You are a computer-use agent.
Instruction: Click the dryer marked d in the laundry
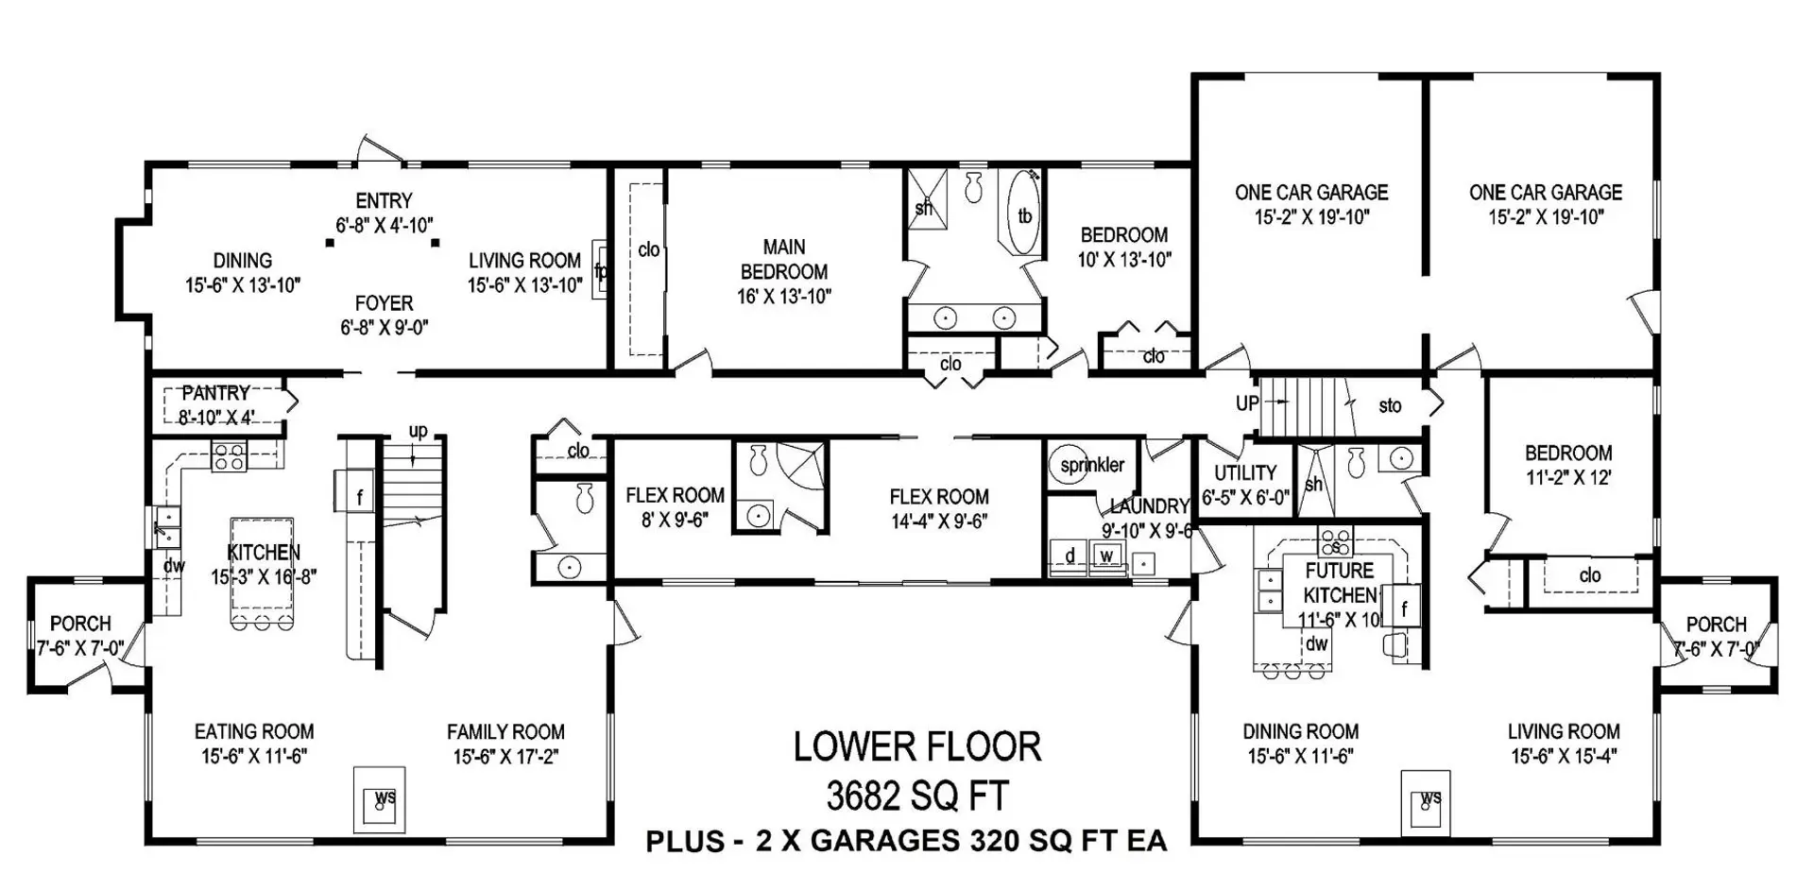[x=1070, y=556]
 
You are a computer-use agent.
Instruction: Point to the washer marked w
[x=1105, y=556]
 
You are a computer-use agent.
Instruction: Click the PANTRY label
[x=215, y=394]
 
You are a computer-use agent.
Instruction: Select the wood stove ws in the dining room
[x=1428, y=801]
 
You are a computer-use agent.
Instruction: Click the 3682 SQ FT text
[x=916, y=796]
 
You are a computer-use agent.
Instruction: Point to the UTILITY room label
[x=1245, y=473]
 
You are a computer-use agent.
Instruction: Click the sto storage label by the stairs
[x=1390, y=406]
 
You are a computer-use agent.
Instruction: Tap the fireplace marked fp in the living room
[x=600, y=270]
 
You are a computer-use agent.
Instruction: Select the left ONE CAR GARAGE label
[x=1311, y=193]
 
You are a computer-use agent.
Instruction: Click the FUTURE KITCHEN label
[x=1340, y=583]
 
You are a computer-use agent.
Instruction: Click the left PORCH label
[x=80, y=625]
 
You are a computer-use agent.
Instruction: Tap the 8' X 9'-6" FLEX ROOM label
[x=675, y=507]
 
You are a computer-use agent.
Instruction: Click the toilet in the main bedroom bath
[x=974, y=187]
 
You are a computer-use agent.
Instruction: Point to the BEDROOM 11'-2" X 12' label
[x=1568, y=465]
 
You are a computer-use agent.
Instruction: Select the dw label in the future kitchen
[x=1316, y=644]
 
